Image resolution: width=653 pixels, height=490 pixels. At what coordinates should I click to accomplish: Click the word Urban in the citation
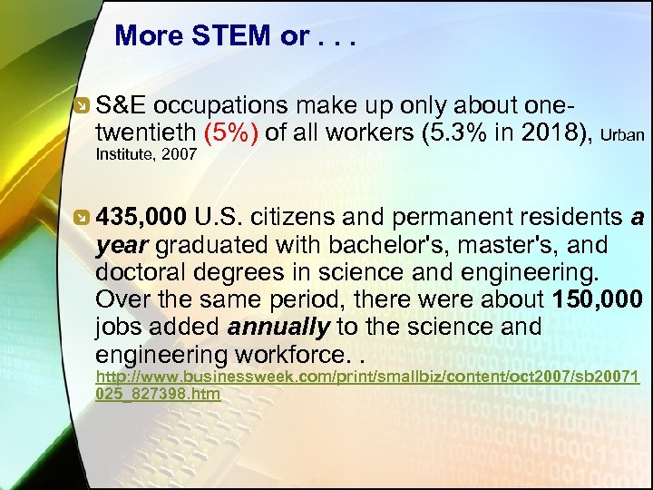pyautogui.click(x=622, y=136)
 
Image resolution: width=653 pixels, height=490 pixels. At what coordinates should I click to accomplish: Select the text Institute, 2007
pyautogui.click(x=146, y=155)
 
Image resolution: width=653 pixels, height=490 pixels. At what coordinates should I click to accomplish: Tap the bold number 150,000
pyautogui.click(x=596, y=299)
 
